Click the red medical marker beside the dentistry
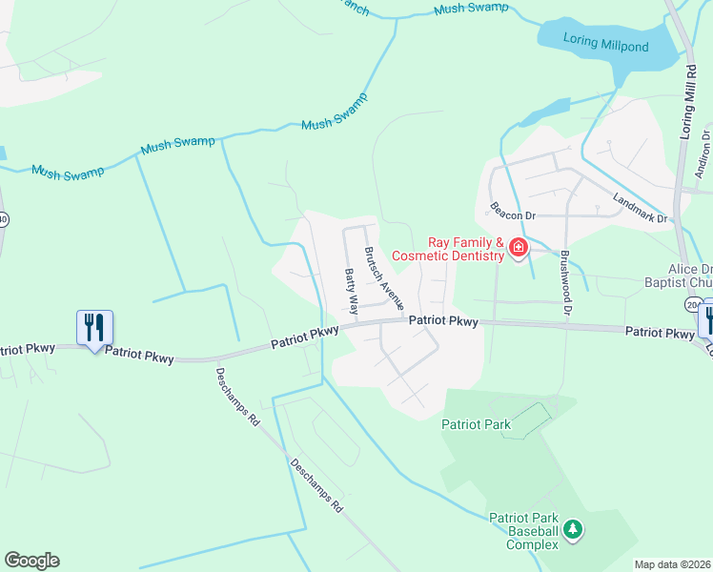pyautogui.click(x=519, y=249)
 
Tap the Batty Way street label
pyautogui.click(x=352, y=292)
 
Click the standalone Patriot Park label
pyautogui.click(x=476, y=424)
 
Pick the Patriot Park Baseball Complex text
pyautogui.click(x=523, y=531)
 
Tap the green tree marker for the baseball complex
pyautogui.click(x=572, y=529)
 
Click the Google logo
pyautogui.click(x=31, y=561)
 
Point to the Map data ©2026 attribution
pyautogui.click(x=672, y=564)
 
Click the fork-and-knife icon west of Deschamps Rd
pyautogui.click(x=94, y=328)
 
